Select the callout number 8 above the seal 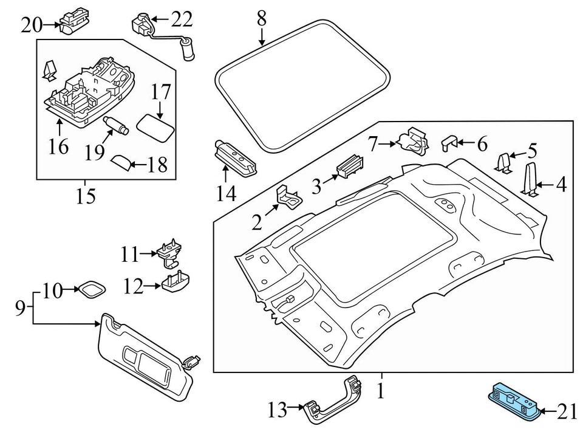point(261,18)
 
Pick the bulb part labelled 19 point(116,125)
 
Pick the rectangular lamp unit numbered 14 point(237,159)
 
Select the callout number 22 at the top point(182,20)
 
